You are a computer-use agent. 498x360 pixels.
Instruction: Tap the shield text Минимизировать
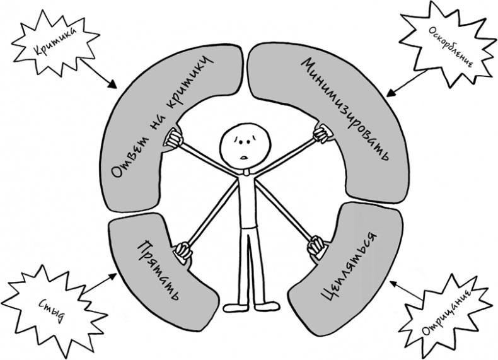click(343, 107)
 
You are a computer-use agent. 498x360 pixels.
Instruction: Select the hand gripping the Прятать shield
click(182, 250)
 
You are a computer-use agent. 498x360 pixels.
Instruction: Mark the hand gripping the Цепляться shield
click(315, 248)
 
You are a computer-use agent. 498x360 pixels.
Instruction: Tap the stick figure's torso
click(246, 202)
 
